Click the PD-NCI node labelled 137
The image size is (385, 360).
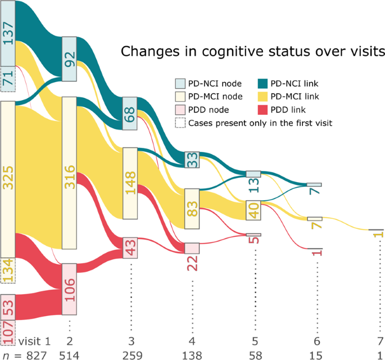pos(8,33)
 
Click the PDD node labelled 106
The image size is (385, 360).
pos(69,289)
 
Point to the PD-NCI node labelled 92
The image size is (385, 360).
pos(69,59)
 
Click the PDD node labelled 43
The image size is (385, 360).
pos(130,247)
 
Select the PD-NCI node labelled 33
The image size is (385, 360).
pos(192,160)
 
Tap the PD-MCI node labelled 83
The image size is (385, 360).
pos(192,209)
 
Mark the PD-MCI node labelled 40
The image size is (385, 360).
pos(253,210)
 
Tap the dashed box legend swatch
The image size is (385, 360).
pos(179,121)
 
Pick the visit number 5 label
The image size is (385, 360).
pos(253,341)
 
